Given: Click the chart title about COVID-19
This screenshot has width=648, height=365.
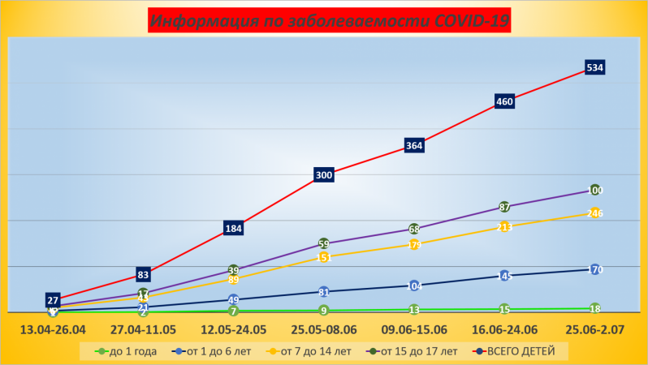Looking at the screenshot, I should tap(330, 20).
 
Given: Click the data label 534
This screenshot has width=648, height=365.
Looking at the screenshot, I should tap(594, 67).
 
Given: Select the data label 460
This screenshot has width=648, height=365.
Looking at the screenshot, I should tap(504, 101).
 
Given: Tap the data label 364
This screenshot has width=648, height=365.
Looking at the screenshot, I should tap(414, 146).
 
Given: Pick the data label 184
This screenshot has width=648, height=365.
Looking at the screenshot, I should tap(233, 229).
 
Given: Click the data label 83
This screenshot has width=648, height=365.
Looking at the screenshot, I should tap(143, 274).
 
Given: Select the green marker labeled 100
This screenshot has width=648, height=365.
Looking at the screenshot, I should tap(595, 190).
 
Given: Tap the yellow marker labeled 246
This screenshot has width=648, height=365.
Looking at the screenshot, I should tap(595, 213).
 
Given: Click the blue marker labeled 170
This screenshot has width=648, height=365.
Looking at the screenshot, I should tap(595, 269).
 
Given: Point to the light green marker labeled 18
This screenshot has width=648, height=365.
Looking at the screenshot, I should tap(595, 308).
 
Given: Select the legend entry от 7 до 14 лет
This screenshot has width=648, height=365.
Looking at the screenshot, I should tap(308, 351).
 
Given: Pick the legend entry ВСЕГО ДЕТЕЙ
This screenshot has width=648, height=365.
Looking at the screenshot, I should tap(516, 351).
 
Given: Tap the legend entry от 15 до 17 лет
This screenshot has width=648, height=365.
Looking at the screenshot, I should tap(414, 351).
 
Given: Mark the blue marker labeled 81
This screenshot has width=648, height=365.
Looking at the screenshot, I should tap(324, 292).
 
